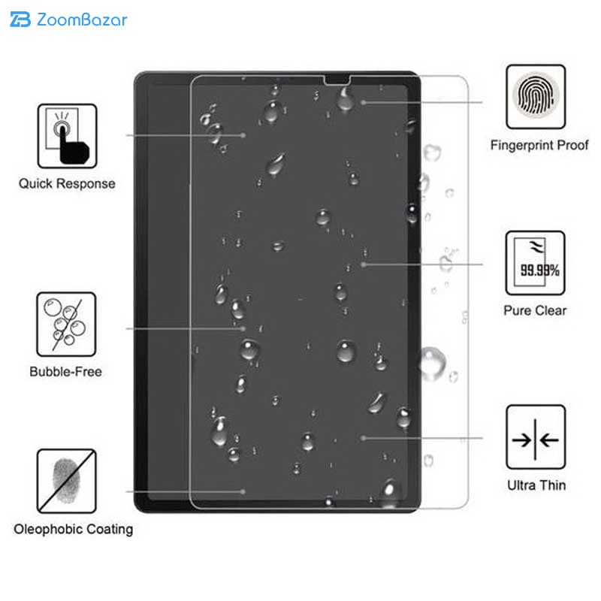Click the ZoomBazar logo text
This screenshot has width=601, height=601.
pos(82,20)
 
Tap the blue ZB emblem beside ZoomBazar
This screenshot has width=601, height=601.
pos(20,20)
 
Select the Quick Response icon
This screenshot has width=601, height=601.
pos(67,136)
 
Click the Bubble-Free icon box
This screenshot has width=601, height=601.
pos(66,325)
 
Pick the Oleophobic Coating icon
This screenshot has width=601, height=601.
pos(66,481)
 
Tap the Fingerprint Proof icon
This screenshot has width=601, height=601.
pos(536,97)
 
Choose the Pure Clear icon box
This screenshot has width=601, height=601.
pos(535,263)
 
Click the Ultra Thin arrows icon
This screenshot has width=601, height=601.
pos(536,437)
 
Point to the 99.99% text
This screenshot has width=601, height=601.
pos(539,270)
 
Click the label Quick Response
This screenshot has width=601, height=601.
pos(67,183)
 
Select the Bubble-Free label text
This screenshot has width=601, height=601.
pos(65,371)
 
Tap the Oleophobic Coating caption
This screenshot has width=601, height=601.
pos(73,530)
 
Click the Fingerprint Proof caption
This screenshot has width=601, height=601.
pos(539,145)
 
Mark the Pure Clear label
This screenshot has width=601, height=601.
pos(535,310)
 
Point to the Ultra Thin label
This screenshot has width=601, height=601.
pos(536,485)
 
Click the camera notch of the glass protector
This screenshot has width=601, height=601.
pos(337,80)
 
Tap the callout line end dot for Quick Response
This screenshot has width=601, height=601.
pos(243,135)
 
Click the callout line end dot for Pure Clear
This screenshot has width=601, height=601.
pos(363,264)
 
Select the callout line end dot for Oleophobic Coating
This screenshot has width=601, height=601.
pos(243,491)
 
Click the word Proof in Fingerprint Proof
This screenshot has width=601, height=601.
pos(572,145)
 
